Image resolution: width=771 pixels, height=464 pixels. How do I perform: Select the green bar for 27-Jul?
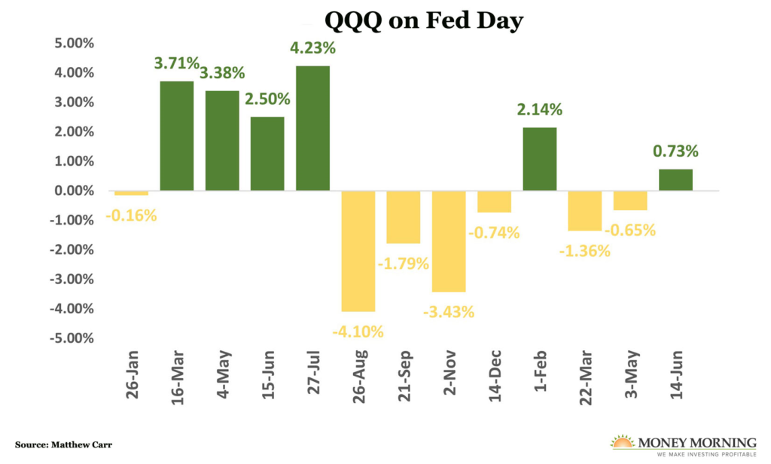click(312, 128)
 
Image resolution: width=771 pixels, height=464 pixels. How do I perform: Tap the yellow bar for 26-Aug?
click(358, 251)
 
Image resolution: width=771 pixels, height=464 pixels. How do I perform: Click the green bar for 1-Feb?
click(539, 159)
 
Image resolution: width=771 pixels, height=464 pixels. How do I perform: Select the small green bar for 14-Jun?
click(675, 180)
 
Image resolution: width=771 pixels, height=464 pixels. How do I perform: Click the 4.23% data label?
click(312, 49)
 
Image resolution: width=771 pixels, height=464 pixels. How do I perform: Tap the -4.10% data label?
click(359, 331)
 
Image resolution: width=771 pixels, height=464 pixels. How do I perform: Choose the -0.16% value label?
click(132, 215)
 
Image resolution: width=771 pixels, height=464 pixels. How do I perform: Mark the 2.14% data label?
click(539, 110)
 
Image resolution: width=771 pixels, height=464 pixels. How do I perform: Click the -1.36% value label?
click(585, 251)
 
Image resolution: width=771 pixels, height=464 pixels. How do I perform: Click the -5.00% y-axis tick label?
click(69, 338)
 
